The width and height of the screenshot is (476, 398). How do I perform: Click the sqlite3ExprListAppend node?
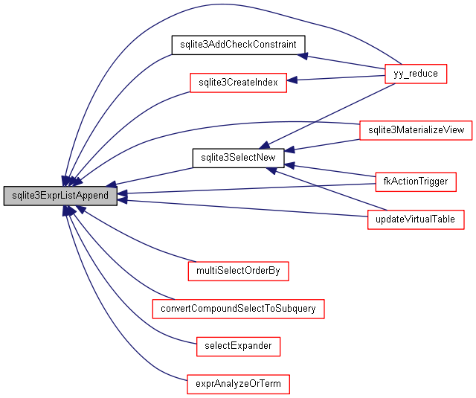(60, 196)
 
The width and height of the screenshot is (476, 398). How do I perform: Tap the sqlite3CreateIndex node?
(238, 83)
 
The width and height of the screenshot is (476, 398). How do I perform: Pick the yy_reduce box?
(415, 74)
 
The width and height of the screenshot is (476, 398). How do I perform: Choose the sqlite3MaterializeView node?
(415, 129)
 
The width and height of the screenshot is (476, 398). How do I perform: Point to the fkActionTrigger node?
(415, 182)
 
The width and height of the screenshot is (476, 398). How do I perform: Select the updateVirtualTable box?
(416, 219)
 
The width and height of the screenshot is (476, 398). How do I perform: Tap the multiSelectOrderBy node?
(238, 271)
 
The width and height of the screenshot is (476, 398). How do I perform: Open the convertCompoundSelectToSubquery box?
(238, 308)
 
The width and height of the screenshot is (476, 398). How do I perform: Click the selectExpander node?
(238, 346)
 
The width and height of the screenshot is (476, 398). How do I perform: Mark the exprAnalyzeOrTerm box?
(238, 384)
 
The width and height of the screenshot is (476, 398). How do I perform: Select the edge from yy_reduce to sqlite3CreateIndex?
(338, 78)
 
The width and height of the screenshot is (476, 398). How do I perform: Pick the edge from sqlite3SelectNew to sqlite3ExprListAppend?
(152, 177)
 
